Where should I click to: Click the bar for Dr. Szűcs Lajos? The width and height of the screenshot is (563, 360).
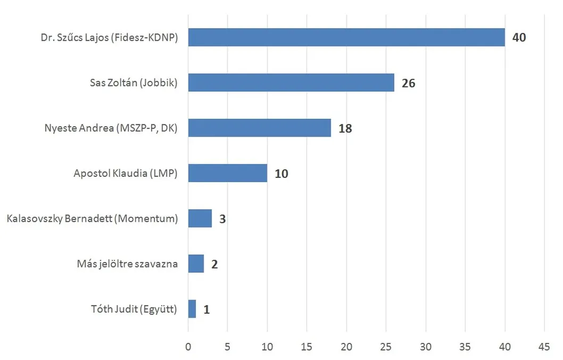point(346,37)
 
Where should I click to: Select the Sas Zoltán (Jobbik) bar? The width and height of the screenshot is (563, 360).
point(291,83)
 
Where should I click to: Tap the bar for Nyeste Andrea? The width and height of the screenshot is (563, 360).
point(259,128)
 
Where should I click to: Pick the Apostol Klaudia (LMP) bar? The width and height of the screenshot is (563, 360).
point(227,173)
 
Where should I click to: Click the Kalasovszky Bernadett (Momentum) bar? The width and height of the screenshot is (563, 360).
point(200,218)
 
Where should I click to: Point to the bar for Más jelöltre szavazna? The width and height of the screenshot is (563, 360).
point(196,264)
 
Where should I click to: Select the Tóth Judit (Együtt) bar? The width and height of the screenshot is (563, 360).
point(192,309)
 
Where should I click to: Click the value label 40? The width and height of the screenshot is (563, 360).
point(519,38)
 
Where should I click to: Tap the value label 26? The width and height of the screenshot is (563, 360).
point(408,83)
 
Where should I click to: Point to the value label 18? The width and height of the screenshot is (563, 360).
point(345,128)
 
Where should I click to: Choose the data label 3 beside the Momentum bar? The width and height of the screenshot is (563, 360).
point(222,219)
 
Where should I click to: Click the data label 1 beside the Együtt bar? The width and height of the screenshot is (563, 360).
point(206,309)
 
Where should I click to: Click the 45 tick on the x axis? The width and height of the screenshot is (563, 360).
point(544,347)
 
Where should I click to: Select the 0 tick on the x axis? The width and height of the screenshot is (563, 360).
point(188,347)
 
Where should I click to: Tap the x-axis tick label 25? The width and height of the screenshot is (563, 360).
point(386,347)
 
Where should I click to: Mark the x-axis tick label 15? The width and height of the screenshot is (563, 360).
point(307,347)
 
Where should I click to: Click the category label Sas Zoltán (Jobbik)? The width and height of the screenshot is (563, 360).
point(133,83)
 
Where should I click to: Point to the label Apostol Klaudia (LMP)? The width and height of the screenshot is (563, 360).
point(125,174)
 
